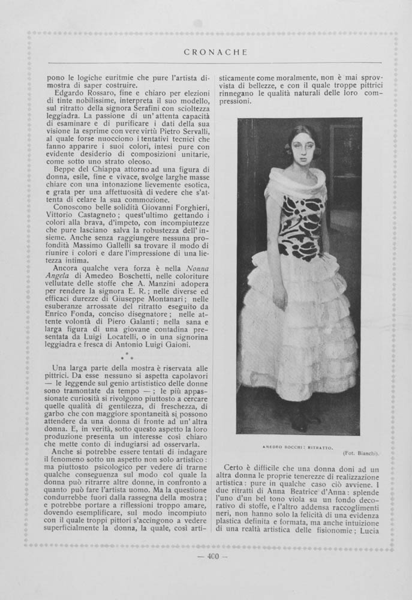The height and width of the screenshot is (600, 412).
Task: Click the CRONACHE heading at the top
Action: [x=215, y=52]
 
